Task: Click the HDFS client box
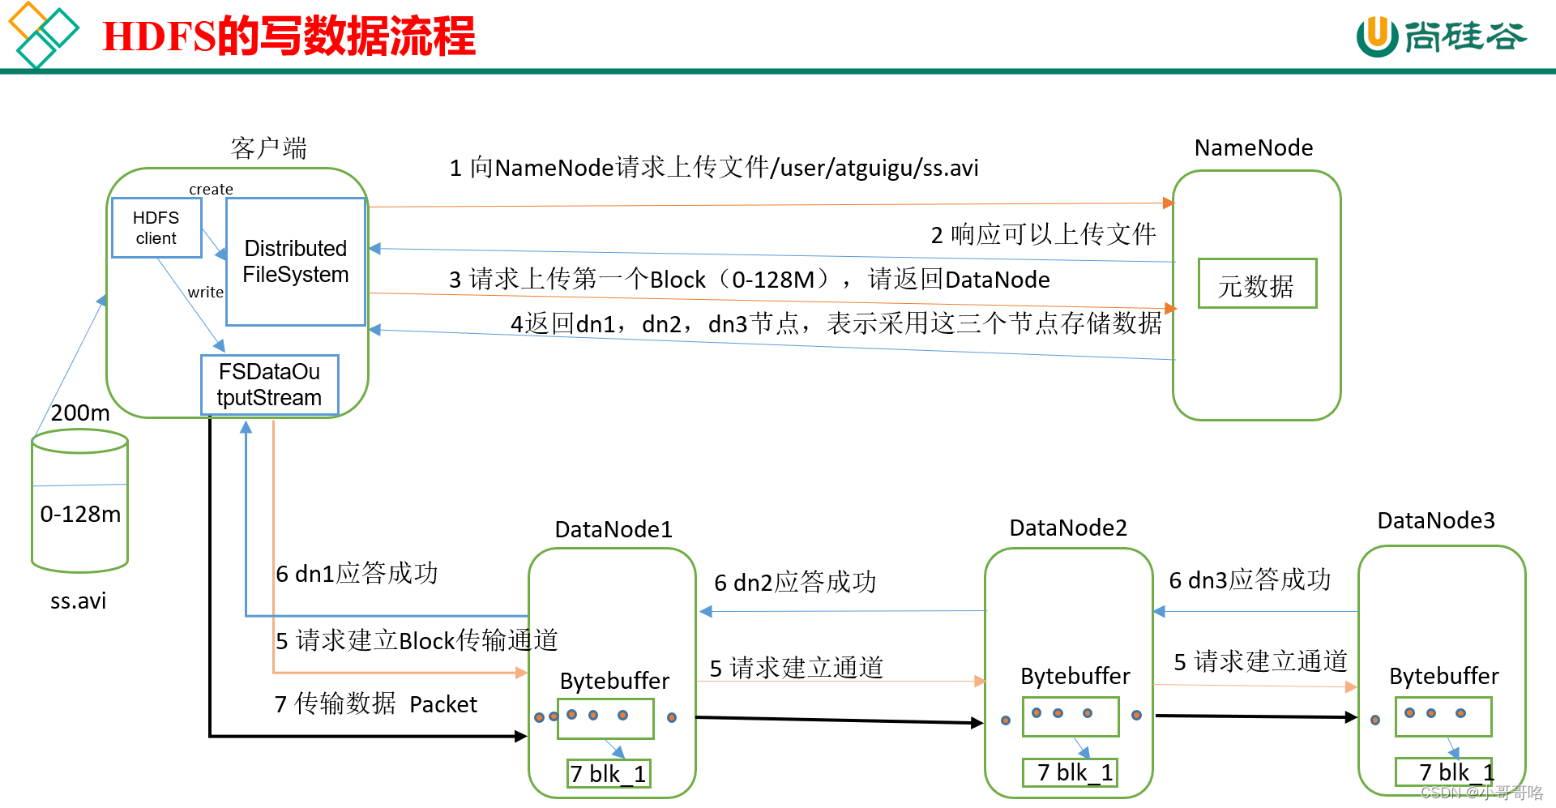(156, 228)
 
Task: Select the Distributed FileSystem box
(296, 261)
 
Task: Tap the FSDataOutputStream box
(269, 385)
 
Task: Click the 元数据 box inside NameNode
(1256, 284)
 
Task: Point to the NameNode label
(1253, 147)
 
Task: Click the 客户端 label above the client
(268, 147)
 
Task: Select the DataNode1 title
(613, 529)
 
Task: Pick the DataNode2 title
(1067, 528)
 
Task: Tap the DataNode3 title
(1435, 520)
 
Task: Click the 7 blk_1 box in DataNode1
(608, 774)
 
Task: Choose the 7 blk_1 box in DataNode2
(1070, 772)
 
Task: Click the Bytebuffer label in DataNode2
(1075, 676)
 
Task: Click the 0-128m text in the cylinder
(80, 514)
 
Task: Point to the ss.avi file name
(78, 601)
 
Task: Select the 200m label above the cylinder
(80, 413)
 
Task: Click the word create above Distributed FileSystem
(211, 189)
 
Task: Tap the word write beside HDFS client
(205, 292)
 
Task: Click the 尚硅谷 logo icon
(1377, 36)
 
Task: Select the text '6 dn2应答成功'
(794, 582)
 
